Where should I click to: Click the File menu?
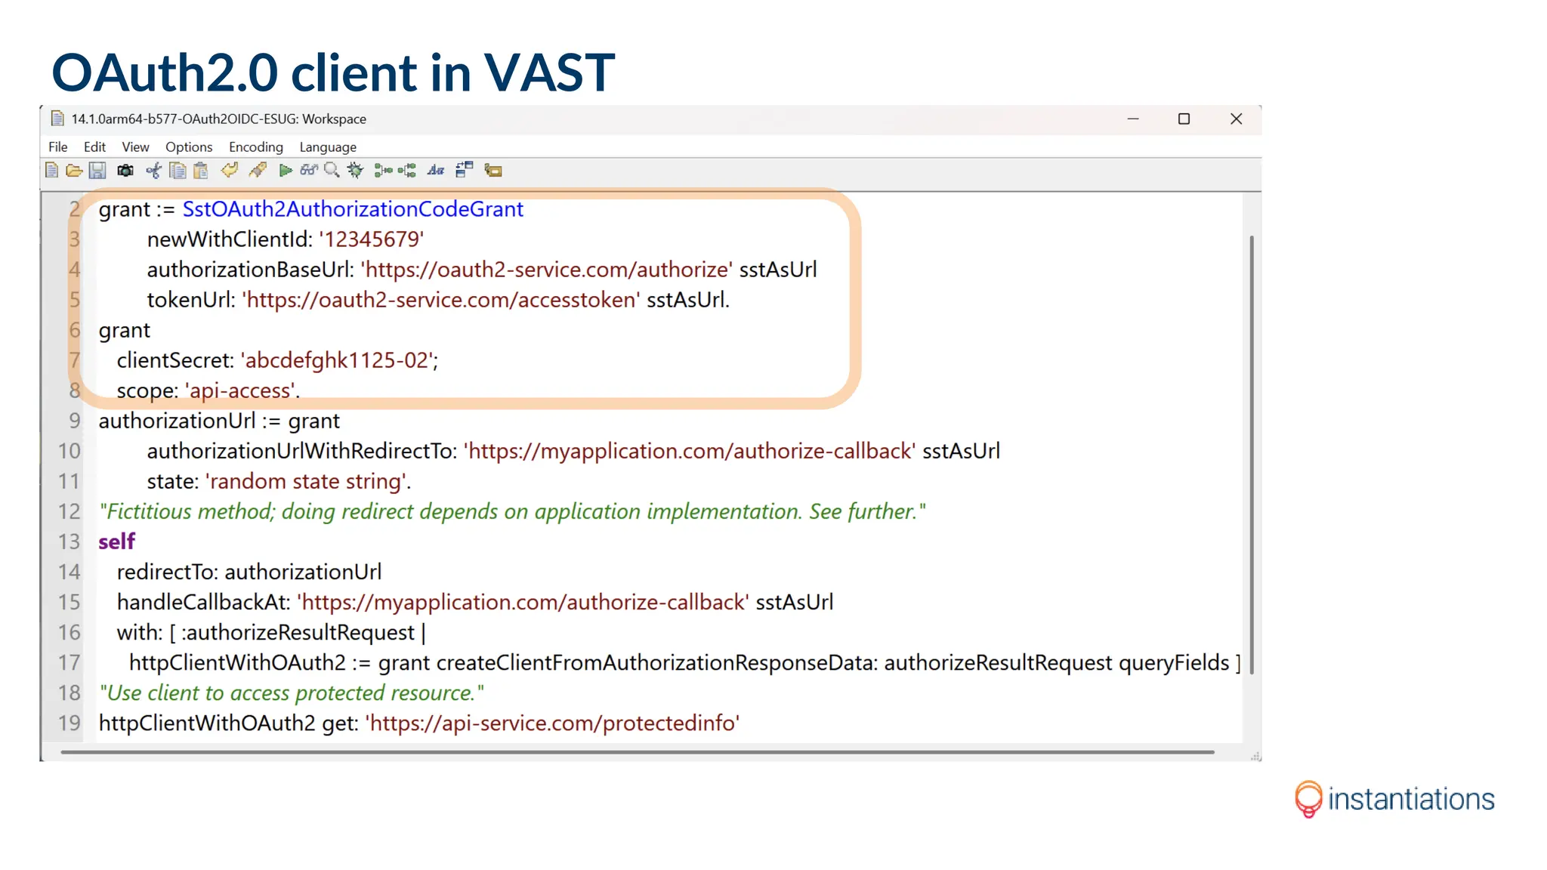coord(57,147)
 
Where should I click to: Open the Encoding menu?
coord(255,147)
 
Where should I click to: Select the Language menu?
coord(327,147)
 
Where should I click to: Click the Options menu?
coord(189,147)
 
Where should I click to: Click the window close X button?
coord(1236,119)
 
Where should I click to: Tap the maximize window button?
coord(1184,119)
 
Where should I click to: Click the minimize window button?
coord(1132,119)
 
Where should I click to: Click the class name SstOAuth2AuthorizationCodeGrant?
coord(353,209)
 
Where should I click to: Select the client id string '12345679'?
coord(371,239)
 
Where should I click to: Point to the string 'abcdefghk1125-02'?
coord(338,360)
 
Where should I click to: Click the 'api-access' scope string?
coord(240,390)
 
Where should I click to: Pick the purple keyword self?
coord(116,541)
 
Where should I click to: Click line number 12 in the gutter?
coord(69,511)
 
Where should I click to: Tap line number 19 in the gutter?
coord(69,723)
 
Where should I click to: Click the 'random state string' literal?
coord(306,481)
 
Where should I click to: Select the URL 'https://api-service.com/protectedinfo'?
coord(552,723)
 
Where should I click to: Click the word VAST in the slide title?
coord(549,72)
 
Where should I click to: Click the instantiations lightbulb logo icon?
coord(1308,799)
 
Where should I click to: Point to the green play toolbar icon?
coord(286,171)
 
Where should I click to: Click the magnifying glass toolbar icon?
coord(332,171)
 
